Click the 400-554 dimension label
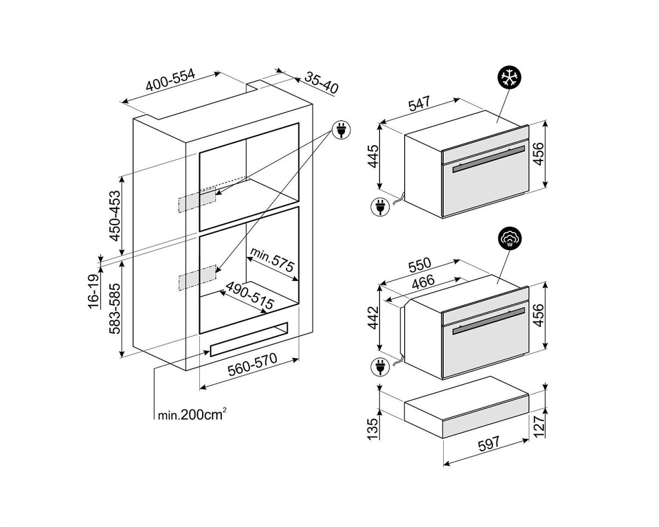click(170, 81)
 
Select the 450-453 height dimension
click(115, 216)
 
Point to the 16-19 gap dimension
click(93, 291)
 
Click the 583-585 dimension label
click(115, 309)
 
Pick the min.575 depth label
click(272, 260)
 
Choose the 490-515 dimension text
click(249, 295)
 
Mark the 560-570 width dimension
click(252, 365)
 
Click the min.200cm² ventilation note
click(192, 414)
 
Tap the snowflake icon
click(509, 77)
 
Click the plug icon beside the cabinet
click(341, 130)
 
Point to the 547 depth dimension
click(420, 104)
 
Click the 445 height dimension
click(373, 156)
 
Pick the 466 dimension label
click(423, 282)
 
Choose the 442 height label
click(373, 318)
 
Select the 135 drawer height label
click(373, 429)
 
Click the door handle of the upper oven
click(489, 159)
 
